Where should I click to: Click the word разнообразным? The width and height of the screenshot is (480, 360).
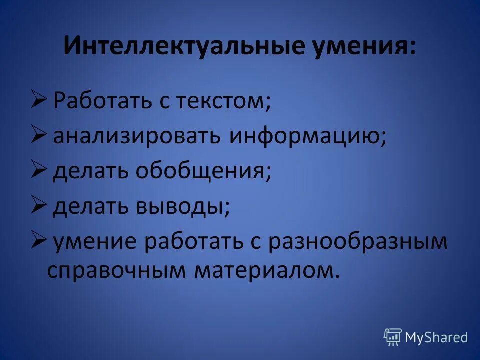tap(357, 241)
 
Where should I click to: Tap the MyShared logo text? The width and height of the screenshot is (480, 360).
tap(436, 337)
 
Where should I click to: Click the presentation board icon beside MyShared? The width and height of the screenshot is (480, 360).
tap(393, 337)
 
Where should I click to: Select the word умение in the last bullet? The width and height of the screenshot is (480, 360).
tap(95, 241)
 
